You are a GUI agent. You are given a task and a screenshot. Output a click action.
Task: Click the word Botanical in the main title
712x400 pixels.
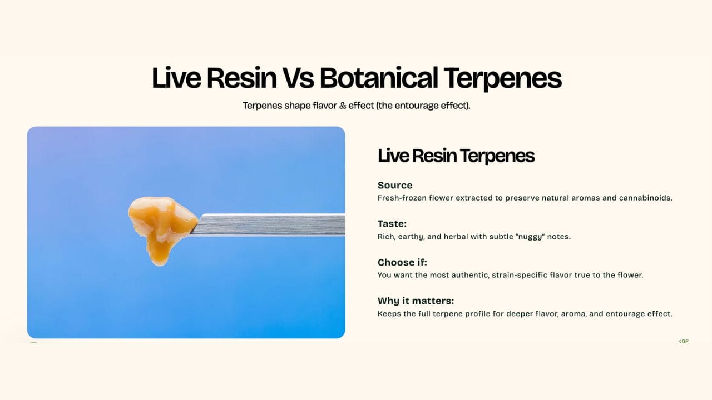tap(379, 78)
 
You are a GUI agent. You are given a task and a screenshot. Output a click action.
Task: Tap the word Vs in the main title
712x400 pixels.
tap(298, 78)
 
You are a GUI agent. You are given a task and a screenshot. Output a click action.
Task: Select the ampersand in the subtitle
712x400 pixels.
tap(343, 106)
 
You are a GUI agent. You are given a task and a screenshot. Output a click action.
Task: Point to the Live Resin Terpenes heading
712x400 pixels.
tap(456, 156)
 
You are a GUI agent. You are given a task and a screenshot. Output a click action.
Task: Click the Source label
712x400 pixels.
tap(395, 185)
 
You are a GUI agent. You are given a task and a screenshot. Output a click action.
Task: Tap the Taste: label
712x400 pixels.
tap(392, 224)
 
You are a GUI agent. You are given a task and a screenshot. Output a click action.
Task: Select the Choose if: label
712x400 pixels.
tap(402, 262)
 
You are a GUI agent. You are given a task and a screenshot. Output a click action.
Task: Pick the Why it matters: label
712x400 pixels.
tap(416, 301)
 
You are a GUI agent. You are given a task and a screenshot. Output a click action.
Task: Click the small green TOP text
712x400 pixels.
tap(683, 341)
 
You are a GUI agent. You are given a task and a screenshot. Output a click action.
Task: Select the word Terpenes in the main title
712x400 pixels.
tap(502, 79)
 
